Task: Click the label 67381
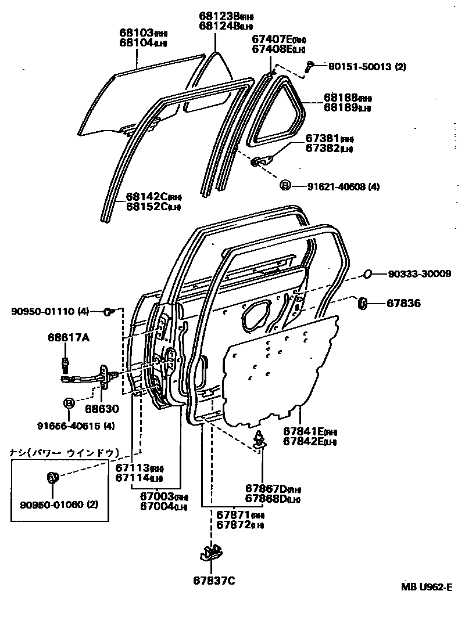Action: click(321, 139)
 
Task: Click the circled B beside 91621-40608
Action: click(285, 186)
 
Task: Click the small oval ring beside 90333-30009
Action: click(367, 273)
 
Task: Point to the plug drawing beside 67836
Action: click(361, 302)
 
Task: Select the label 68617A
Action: click(69, 338)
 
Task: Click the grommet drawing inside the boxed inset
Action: click(52, 478)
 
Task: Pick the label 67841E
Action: click(302, 431)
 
